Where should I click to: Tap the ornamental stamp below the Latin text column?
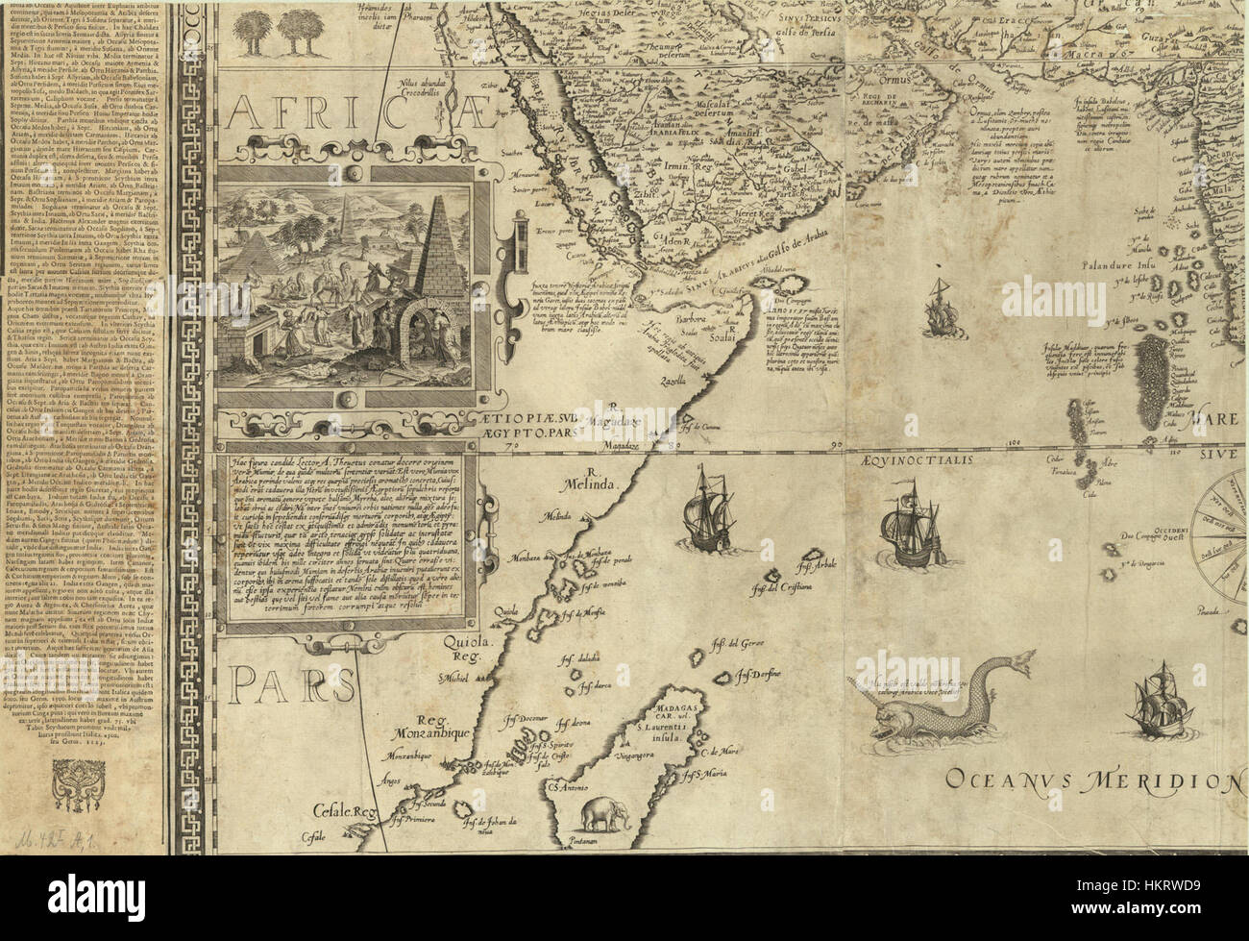click(84, 783)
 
